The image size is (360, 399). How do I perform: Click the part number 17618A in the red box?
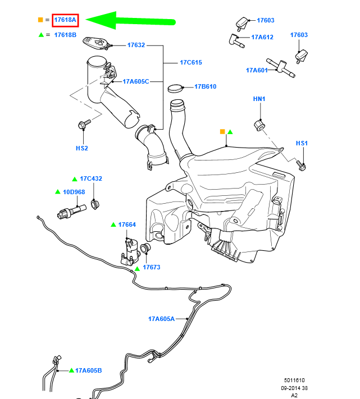click(65, 20)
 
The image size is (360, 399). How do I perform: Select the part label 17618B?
click(65, 34)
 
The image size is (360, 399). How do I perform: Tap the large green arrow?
click(132, 21)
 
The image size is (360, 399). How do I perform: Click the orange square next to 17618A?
click(40, 20)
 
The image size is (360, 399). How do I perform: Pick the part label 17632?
click(136, 45)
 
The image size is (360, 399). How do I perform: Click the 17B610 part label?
click(205, 86)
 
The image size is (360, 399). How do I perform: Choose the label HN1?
click(259, 99)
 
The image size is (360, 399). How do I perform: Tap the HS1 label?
click(302, 144)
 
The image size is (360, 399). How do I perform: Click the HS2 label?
click(82, 148)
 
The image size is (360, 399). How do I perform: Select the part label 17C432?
click(90, 178)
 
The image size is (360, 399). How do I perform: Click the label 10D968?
click(74, 191)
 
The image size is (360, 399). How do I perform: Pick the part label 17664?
click(127, 224)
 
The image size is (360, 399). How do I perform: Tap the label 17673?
click(151, 267)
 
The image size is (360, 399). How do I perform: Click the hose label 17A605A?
click(161, 319)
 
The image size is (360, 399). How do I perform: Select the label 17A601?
click(256, 70)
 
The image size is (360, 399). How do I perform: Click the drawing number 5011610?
click(294, 380)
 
